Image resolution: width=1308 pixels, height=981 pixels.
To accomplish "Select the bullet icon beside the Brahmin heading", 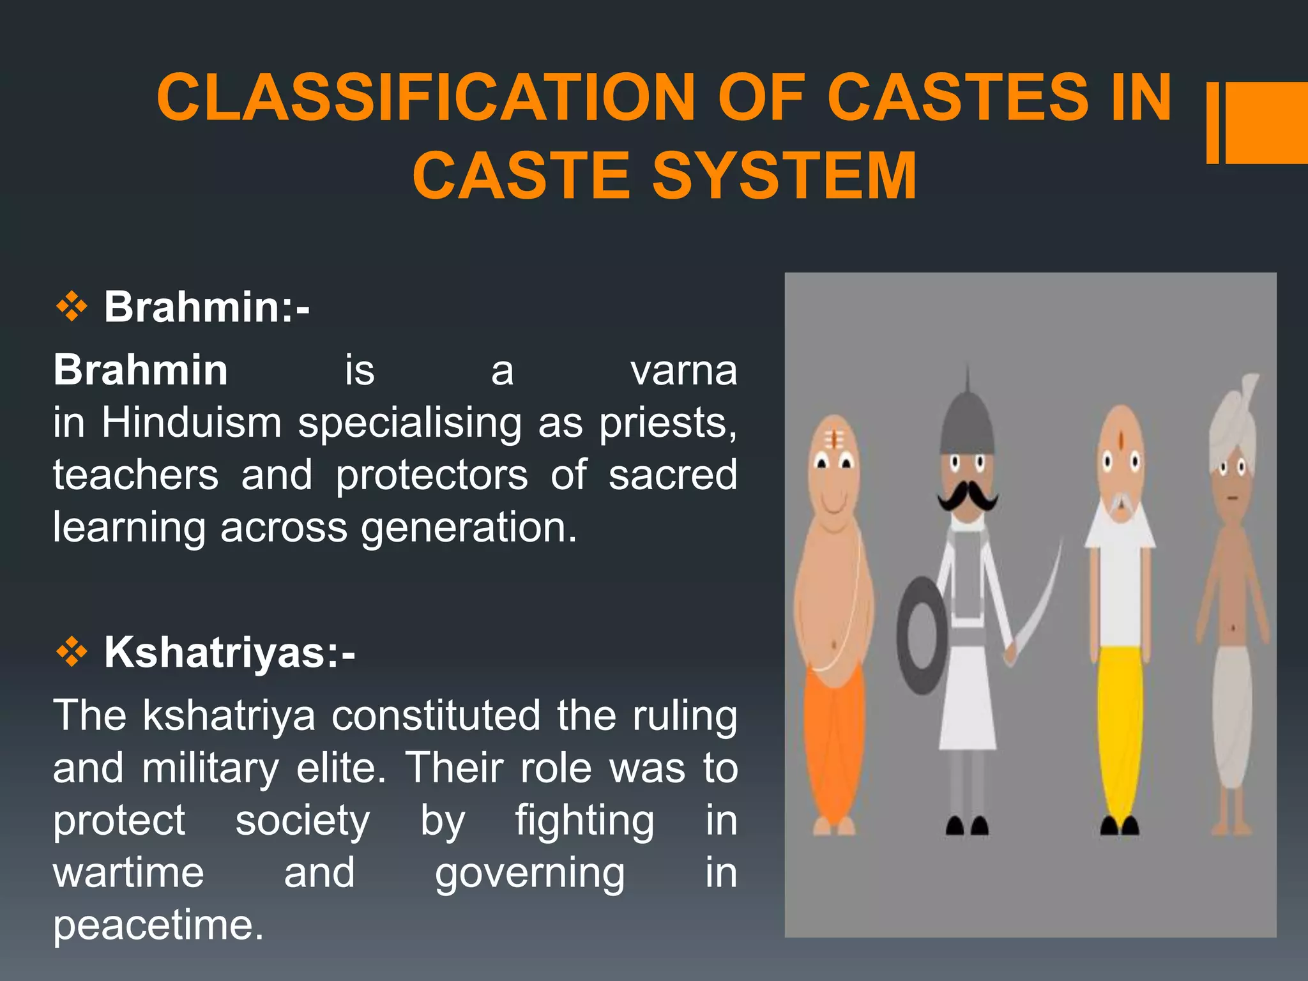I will [x=72, y=307].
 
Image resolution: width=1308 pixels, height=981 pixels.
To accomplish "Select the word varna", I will [x=683, y=370].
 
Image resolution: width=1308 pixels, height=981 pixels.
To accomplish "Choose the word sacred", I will [x=673, y=475].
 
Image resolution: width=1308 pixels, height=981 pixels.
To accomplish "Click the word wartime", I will [x=128, y=873].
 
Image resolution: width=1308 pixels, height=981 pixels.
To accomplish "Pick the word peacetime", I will [x=158, y=925].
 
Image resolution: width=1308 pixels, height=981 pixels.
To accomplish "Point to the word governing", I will [x=529, y=874].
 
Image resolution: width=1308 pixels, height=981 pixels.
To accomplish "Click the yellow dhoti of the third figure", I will [x=1120, y=728].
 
